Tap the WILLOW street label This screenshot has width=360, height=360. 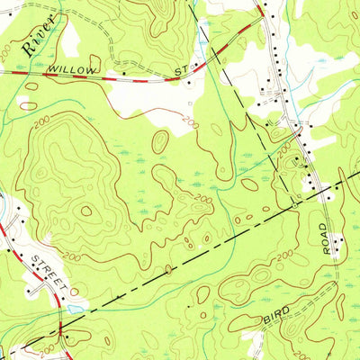[x=73, y=67]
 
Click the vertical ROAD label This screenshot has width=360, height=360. [x=327, y=238]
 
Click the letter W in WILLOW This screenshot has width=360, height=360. [x=53, y=67]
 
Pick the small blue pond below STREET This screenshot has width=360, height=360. [x=72, y=308]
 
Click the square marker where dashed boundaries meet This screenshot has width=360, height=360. [x=292, y=204]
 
